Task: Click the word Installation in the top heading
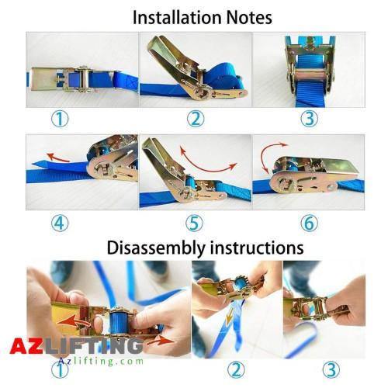177,18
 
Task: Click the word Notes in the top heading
249,18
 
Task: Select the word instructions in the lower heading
256,248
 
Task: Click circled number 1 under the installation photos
60,119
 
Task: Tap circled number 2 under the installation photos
196,119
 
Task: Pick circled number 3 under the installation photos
310,119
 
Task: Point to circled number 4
60,223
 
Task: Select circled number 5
194,223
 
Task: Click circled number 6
310,223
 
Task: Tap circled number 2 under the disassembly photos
236,370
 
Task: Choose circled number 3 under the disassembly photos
331,370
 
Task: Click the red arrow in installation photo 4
57,158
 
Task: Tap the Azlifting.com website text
101,361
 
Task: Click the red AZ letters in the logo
26,346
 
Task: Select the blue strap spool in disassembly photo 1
119,323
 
